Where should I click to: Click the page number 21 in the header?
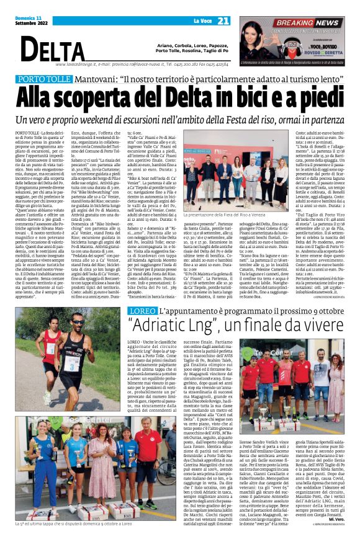tap(223, 21)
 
